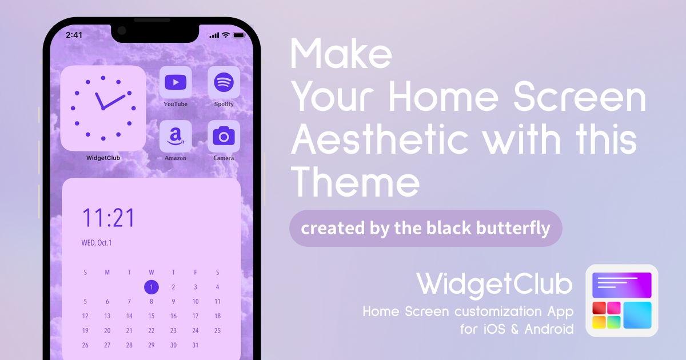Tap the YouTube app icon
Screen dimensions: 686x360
click(176, 82)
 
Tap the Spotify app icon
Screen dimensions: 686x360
click(224, 82)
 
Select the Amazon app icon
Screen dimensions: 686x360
click(176, 136)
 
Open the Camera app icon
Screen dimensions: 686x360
click(224, 136)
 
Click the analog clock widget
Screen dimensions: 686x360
click(103, 108)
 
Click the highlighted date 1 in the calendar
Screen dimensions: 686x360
click(151, 287)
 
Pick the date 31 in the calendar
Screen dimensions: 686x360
click(196, 345)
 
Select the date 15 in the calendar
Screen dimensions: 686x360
click(151, 316)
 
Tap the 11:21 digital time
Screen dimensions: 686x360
click(109, 218)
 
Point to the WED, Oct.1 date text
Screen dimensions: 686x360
click(97, 243)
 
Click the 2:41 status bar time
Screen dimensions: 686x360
click(74, 35)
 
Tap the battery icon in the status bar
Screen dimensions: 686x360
click(239, 35)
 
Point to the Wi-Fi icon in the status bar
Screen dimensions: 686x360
click(226, 35)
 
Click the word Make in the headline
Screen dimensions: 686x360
click(341, 54)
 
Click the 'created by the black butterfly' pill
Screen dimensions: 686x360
click(426, 228)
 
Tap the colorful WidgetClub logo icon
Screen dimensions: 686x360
click(622, 301)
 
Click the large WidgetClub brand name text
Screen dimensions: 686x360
click(494, 285)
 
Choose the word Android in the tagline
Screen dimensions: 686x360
click(549, 329)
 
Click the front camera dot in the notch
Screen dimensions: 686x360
click(122, 31)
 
